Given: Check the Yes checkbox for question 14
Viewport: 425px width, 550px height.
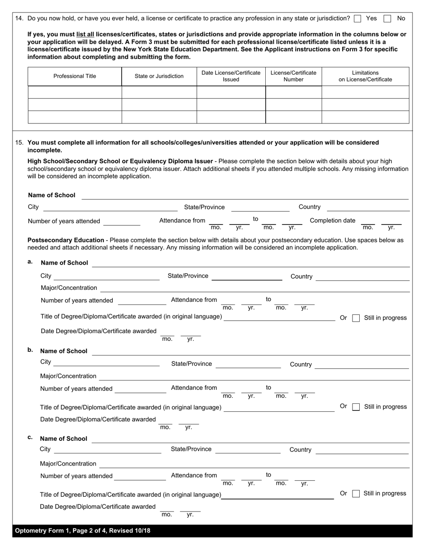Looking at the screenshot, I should tap(357, 19).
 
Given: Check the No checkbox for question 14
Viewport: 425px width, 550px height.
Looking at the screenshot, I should tap(387, 19).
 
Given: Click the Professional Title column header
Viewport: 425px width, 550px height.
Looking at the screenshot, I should tap(75, 76).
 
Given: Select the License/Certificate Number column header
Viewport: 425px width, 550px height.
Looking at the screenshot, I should tap(293, 76).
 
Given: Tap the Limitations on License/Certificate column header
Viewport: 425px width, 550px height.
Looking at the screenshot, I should tap(365, 76).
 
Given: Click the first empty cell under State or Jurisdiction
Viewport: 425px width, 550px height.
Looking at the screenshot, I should tap(159, 92).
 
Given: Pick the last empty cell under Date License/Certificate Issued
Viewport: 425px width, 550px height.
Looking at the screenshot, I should tap(231, 117).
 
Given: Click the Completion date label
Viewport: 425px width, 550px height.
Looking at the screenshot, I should tap(332, 220).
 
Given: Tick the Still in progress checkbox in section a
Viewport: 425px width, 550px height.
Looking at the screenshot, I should tap(356, 318).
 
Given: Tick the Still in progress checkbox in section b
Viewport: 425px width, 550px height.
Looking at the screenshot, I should tap(356, 407).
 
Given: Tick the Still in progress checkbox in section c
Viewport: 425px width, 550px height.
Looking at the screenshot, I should tap(356, 494).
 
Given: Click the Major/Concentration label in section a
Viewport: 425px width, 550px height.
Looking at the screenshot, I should tap(68, 288).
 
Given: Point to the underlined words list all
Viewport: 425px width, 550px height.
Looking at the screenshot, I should tap(85, 34).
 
